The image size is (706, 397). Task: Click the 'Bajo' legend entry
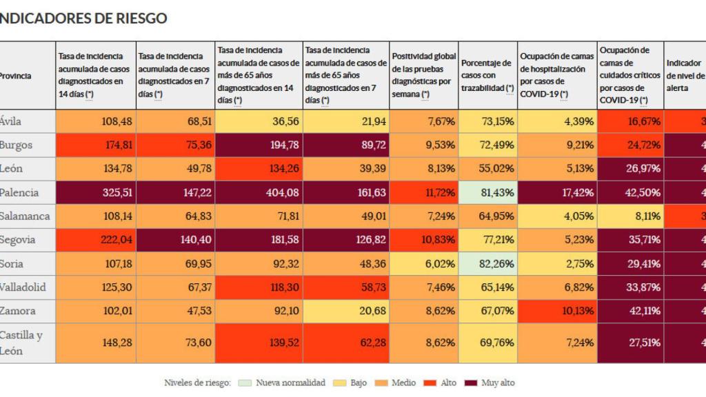(356, 383)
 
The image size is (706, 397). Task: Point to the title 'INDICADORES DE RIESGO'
(83, 19)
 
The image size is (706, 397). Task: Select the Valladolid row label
(22, 287)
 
